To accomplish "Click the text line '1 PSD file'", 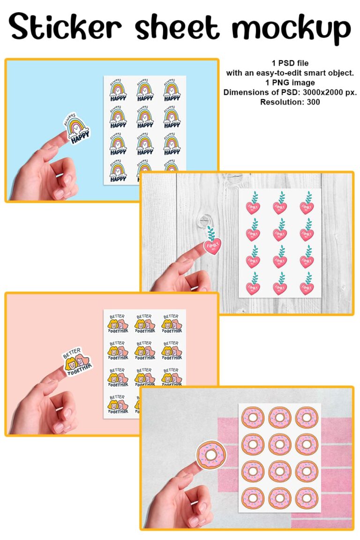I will pos(290,63).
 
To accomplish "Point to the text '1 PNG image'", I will pos(290,82).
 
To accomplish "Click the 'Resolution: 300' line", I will pos(290,102).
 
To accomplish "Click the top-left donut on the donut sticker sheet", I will pos(253,417).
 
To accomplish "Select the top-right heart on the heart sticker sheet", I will pos(307,203).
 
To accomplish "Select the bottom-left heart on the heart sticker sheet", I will pos(253,283).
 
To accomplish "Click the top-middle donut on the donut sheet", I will pos(280,417).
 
